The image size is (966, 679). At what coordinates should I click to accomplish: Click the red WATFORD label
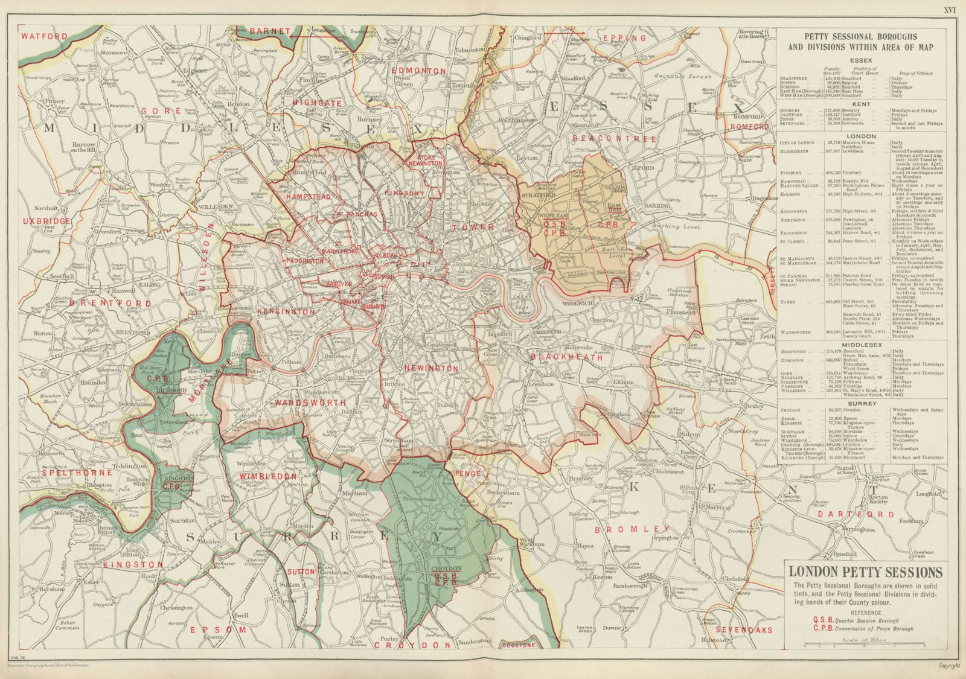[x=45, y=36]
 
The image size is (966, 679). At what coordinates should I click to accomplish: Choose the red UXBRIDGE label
[x=46, y=222]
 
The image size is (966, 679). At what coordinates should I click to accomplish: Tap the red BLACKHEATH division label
[x=566, y=357]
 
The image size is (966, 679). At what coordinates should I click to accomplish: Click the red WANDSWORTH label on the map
[x=310, y=402]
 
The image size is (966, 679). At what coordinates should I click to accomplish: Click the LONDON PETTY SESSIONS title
[x=865, y=572]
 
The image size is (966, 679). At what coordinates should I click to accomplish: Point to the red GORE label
[x=161, y=110]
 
